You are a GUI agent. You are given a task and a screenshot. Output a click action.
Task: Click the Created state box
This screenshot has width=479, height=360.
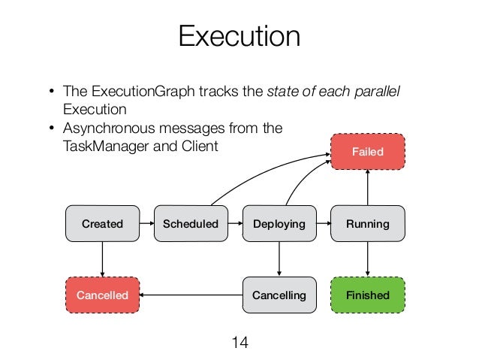(x=102, y=224)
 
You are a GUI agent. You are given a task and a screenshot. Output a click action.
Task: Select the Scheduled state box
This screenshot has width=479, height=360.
(x=191, y=224)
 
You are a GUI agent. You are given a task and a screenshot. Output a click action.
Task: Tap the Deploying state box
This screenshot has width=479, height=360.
(x=279, y=224)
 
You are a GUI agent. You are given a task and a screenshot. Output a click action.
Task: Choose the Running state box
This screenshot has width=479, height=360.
(x=368, y=224)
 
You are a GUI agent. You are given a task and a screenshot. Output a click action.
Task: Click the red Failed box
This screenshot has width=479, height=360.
(x=368, y=152)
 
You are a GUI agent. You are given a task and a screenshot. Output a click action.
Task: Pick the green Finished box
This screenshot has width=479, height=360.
(x=368, y=295)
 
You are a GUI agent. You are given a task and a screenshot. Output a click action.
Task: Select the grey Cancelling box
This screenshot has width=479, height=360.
(x=279, y=295)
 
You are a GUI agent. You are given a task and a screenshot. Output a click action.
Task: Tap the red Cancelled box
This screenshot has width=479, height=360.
(x=102, y=295)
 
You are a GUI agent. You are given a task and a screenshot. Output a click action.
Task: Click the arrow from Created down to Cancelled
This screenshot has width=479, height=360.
(x=102, y=259)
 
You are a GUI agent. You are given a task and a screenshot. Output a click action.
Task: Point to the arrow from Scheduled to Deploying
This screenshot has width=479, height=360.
(x=235, y=224)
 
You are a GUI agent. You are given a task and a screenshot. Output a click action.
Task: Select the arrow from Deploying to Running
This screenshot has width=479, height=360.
(x=324, y=224)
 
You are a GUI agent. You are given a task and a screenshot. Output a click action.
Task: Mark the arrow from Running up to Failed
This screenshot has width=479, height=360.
(x=368, y=188)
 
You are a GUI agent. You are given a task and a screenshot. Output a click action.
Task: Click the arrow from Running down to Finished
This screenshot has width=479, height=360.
(x=368, y=259)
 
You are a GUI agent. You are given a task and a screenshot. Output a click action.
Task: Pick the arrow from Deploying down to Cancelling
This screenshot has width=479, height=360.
(x=279, y=259)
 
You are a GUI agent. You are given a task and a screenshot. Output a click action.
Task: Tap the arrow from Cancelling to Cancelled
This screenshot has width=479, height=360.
(x=191, y=295)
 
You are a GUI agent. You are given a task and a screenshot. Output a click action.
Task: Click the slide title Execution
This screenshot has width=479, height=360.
(x=239, y=36)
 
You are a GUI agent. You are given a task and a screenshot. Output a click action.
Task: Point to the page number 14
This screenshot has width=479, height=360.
(x=239, y=343)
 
